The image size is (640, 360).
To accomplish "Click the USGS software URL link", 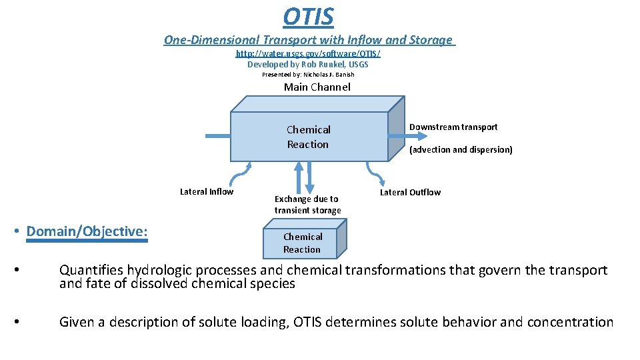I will tap(308, 53).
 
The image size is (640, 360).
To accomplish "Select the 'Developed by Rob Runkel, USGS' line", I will tap(307, 64).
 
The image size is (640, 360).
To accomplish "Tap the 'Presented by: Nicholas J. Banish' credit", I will tap(307, 75).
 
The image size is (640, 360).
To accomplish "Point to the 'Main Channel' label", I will tap(317, 87).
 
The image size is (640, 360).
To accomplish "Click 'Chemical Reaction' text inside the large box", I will tap(308, 137).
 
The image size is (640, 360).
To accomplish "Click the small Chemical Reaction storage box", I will tap(303, 243).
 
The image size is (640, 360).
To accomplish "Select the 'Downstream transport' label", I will tap(453, 127).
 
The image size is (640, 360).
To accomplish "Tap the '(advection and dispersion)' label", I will tap(461, 150).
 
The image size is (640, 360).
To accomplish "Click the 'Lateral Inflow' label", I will tap(207, 192).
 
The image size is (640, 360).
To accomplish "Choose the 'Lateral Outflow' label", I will tap(410, 192).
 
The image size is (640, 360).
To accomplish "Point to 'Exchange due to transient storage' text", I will tap(307, 205).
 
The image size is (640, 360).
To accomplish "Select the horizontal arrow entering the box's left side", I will tap(217, 136).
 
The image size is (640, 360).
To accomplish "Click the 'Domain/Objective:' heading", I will tap(87, 231).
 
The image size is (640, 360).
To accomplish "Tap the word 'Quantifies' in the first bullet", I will tap(91, 270).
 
